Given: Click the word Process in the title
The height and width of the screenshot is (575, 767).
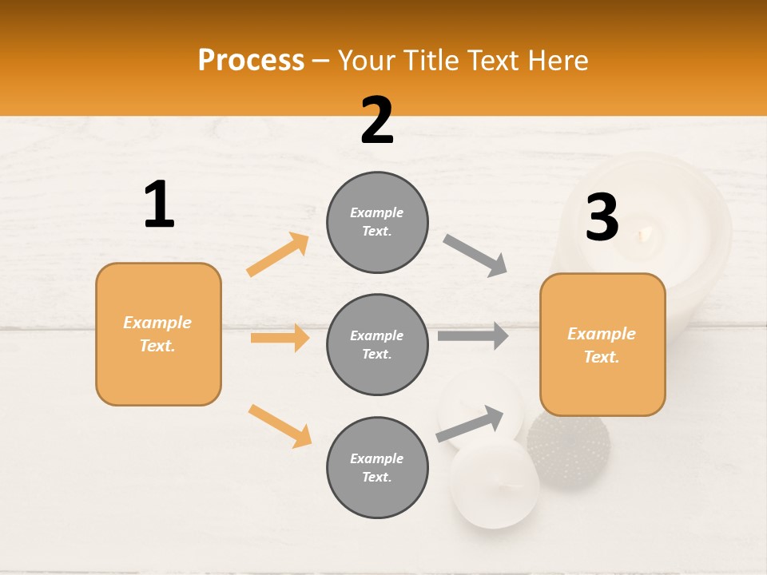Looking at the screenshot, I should point(251,61).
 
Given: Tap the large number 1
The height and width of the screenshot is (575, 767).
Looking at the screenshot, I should point(159,205).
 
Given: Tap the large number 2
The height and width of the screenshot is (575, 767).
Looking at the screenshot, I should point(377,121).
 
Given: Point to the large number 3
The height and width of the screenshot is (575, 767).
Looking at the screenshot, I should point(602,218).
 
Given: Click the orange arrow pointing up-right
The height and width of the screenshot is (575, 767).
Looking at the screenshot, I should point(278,254).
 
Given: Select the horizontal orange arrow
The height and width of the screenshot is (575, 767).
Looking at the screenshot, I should point(280,338).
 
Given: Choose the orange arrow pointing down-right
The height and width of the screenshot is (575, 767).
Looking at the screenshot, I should point(280,426).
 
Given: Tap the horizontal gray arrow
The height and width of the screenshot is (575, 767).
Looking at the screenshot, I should point(472,336).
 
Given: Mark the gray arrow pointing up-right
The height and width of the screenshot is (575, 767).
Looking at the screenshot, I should point(470,424).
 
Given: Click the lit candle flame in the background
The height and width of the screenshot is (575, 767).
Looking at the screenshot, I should point(644,234).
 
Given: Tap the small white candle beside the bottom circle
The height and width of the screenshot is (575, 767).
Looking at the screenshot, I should point(494,484).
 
